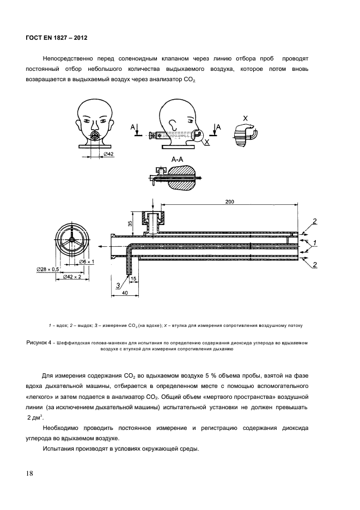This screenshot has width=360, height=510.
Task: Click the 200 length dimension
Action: point(229,202)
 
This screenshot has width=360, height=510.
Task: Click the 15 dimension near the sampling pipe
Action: point(133,278)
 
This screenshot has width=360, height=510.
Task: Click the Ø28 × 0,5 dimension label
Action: point(48,269)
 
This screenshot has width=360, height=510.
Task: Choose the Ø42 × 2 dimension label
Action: point(70,277)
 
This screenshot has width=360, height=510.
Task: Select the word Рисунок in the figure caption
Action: point(38,343)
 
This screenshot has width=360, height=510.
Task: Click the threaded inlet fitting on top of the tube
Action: point(152,221)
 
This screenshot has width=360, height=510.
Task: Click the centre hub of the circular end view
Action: point(71,240)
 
